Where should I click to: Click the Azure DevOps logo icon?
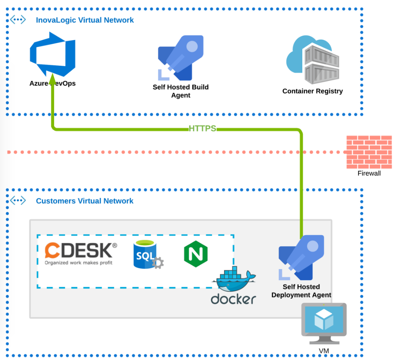[x=53, y=54]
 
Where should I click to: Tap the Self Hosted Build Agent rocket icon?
[x=181, y=58]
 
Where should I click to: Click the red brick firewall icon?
[x=369, y=152]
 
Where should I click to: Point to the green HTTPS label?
[x=202, y=129]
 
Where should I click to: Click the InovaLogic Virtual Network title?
[x=85, y=20]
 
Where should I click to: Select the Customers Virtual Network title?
[x=84, y=201]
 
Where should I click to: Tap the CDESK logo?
[x=81, y=253]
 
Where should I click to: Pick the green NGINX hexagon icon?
[x=196, y=254]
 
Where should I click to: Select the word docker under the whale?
[x=233, y=299]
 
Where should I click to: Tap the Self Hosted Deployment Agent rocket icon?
[x=301, y=257]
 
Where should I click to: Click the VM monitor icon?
[x=324, y=324]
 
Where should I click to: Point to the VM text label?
[x=324, y=351]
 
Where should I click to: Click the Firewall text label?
[x=369, y=173]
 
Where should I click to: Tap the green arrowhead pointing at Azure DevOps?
[x=53, y=79]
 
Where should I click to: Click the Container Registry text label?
[x=313, y=91]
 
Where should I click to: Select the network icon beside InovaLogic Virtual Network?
[x=18, y=20]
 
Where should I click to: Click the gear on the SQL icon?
[x=158, y=263]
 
